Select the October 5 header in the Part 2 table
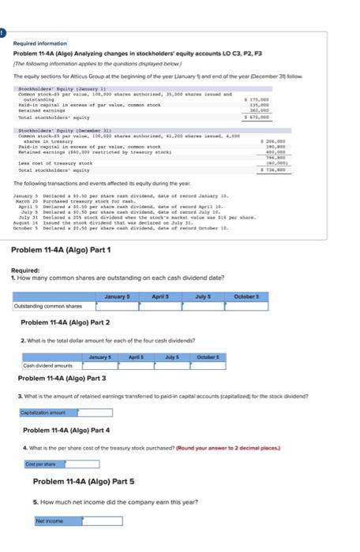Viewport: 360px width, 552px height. coord(204,357)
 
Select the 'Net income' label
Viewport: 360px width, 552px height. coord(46,521)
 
